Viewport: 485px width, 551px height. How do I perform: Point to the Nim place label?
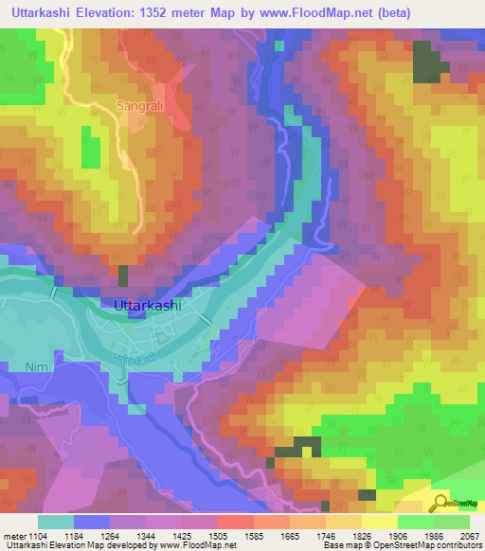[62, 361]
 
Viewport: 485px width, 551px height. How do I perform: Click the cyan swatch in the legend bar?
[56, 522]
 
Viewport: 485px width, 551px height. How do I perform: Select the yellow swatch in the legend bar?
[380, 522]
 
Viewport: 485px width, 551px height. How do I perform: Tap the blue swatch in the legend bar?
[92, 522]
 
